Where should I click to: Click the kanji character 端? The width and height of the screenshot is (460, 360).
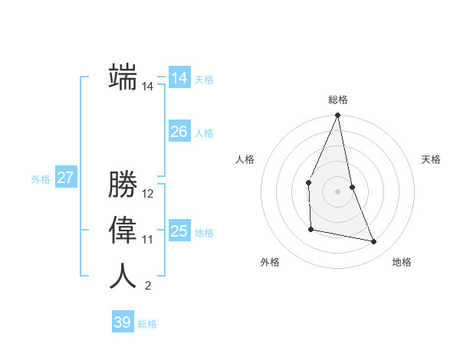[123, 77]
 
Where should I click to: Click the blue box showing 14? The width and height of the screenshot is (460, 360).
[179, 78]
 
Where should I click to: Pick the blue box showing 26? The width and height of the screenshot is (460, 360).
[179, 132]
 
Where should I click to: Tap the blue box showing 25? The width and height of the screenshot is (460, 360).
[179, 231]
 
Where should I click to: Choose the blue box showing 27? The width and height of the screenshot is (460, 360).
[65, 178]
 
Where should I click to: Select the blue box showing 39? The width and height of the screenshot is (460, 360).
[123, 322]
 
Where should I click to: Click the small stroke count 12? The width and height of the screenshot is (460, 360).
[148, 193]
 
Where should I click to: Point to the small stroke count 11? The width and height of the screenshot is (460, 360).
[148, 240]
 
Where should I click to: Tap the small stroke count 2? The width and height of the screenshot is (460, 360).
[148, 286]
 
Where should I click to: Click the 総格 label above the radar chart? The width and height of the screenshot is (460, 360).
[338, 100]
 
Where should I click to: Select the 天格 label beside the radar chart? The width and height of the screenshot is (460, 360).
[432, 159]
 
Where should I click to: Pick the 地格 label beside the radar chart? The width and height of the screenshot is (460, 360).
[402, 262]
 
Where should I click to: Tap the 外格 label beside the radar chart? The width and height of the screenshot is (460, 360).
[270, 262]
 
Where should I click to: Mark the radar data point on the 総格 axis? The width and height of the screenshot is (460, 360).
[337, 116]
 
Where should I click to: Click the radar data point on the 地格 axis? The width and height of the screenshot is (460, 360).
[374, 242]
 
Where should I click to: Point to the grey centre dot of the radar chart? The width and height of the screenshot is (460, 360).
[337, 191]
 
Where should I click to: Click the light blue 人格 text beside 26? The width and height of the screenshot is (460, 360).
[204, 133]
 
